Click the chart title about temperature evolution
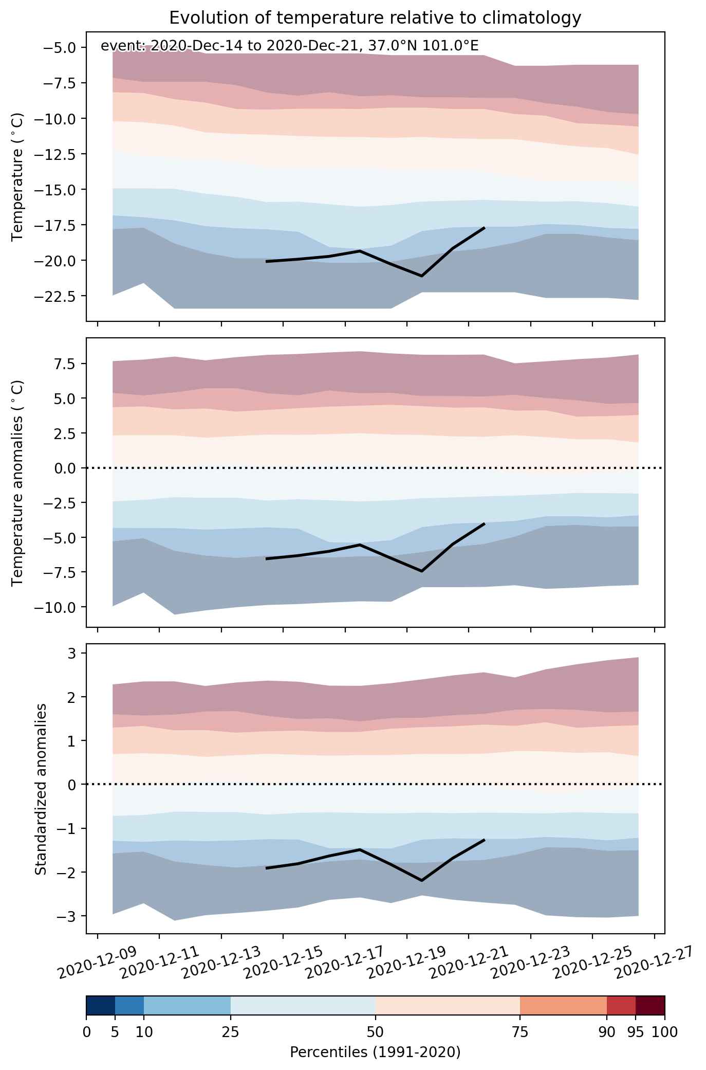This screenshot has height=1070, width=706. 375,18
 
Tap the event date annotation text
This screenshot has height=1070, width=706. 290,46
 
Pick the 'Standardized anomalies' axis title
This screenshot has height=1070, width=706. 41,790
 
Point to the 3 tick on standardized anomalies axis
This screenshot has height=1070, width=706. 71,654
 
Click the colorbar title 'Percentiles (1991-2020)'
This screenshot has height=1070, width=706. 375,1053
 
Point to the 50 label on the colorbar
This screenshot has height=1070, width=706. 375,1032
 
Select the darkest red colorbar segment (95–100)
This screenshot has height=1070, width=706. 651,1005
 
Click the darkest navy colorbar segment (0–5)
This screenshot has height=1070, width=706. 101,1005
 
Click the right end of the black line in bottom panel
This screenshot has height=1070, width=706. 484,840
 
